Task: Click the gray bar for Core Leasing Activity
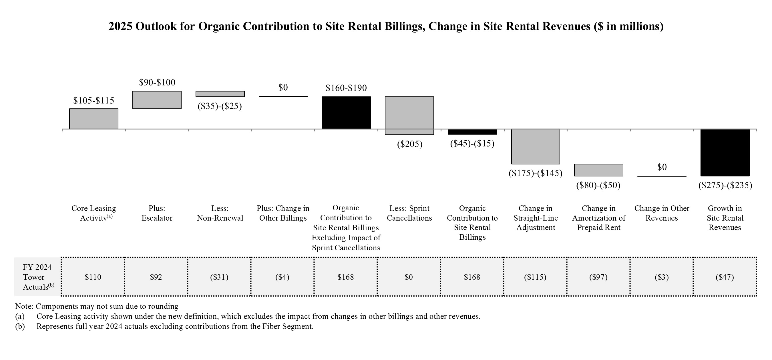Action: [93, 119]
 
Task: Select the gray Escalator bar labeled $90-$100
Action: [157, 100]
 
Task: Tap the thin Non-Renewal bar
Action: [220, 94]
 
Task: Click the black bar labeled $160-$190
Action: [346, 113]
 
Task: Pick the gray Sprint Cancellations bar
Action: [409, 115]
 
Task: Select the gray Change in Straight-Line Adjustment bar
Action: [535, 147]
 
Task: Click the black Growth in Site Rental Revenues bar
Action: [725, 153]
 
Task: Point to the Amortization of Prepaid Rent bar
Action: [598, 170]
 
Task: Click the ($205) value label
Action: [409, 144]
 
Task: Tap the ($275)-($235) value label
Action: [725, 185]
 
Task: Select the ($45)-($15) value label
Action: [472, 144]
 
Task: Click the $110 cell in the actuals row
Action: [93, 277]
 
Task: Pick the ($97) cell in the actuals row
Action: [598, 277]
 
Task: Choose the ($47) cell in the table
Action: [725, 277]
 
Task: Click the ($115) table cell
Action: [535, 277]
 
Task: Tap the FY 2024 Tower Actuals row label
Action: [37, 277]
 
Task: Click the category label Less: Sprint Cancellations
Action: [409, 213]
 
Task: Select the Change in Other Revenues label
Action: [662, 213]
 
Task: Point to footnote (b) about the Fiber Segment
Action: [175, 327]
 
